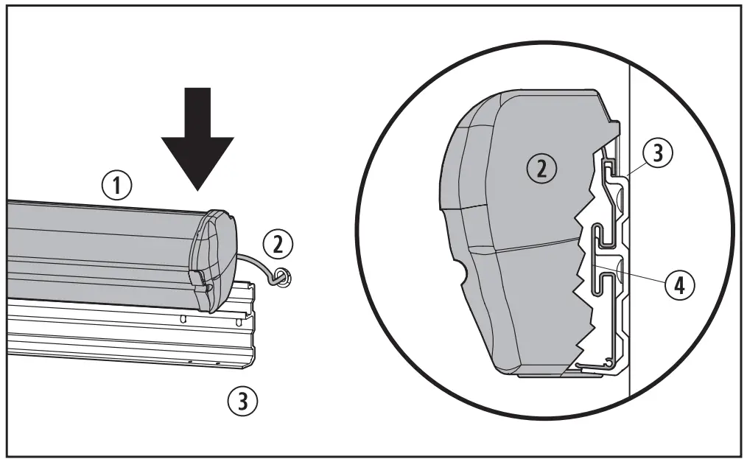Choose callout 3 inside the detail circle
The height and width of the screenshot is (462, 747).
(x=658, y=154)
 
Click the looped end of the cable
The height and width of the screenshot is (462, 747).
(x=281, y=277)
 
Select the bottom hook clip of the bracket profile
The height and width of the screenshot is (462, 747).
(x=597, y=363)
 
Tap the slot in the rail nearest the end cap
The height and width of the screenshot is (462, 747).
(x=183, y=320)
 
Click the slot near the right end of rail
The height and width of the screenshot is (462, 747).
(x=239, y=322)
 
